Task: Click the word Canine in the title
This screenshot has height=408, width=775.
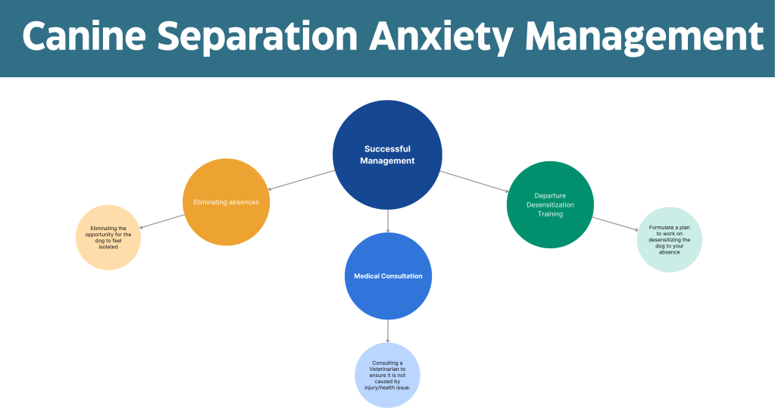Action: point(84,36)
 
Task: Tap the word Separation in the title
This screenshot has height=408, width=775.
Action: point(257,38)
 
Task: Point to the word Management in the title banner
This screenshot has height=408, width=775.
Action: point(644,38)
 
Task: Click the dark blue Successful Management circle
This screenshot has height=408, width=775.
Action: point(388,154)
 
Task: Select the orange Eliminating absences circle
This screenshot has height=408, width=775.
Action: point(227,202)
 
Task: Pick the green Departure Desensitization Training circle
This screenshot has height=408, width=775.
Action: point(550,204)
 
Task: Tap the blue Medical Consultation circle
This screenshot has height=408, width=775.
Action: point(388,276)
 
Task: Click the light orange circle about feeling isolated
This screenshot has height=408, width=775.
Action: point(108,238)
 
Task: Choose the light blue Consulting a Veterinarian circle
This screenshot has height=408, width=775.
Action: point(388,375)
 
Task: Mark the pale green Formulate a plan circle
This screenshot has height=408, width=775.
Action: point(669,239)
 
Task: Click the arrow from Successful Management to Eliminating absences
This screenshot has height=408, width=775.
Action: point(301,180)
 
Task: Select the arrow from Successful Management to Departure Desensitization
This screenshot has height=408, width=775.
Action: point(474,182)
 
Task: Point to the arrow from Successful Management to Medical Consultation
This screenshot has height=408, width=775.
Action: point(388,221)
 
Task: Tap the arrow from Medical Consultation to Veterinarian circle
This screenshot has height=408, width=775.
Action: point(388,331)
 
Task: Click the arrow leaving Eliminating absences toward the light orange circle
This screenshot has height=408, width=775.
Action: point(162,221)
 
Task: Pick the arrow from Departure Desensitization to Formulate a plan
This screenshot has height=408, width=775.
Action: point(615,224)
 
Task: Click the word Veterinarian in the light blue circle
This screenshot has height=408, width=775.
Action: point(388,369)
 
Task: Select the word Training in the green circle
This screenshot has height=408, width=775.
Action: point(550,214)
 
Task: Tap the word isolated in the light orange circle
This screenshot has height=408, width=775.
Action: point(108,247)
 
